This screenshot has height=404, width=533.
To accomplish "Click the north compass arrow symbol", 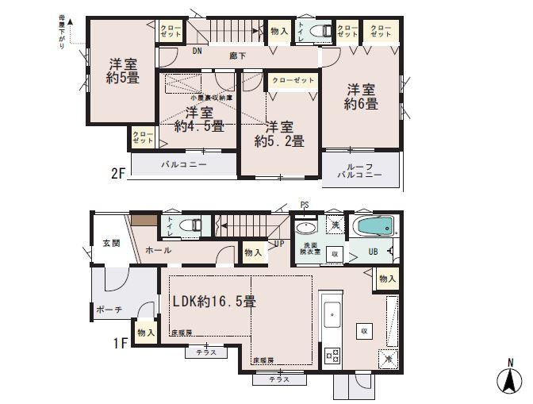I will [508, 379].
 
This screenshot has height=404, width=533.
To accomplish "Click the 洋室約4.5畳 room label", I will [199, 118].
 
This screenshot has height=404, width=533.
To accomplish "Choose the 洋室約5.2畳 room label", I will [279, 133].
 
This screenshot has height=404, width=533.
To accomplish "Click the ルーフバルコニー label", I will [359, 170].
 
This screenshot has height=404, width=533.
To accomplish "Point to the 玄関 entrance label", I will [110, 243].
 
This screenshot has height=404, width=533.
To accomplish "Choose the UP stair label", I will [278, 244].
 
